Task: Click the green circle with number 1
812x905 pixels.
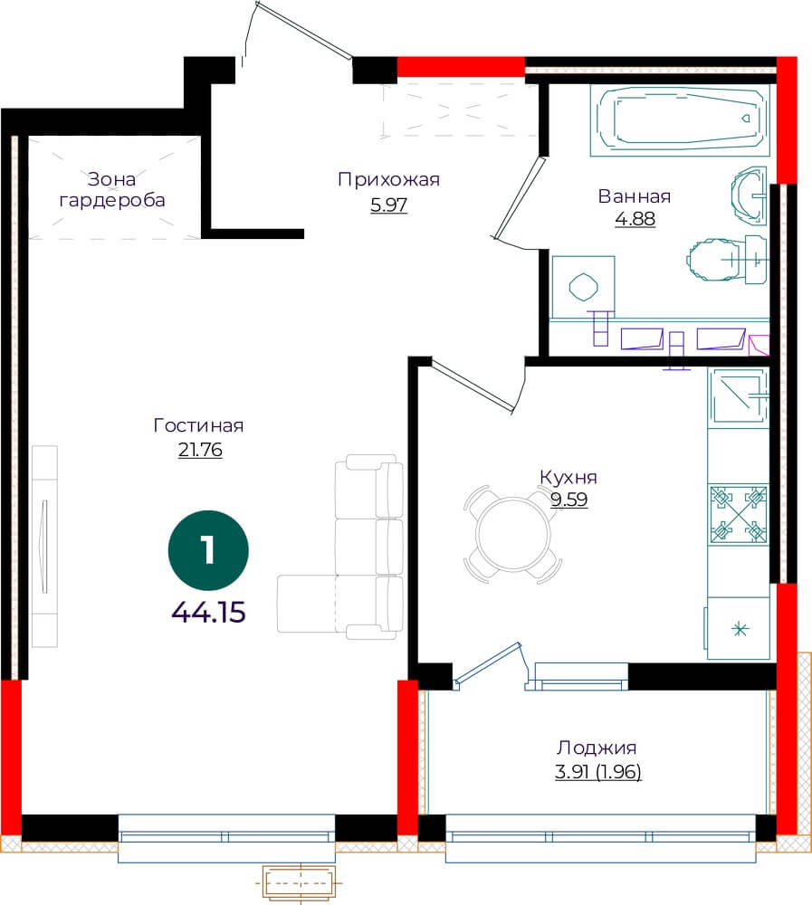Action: (x=208, y=550)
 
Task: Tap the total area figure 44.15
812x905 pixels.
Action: (x=209, y=612)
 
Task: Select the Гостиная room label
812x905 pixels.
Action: (x=198, y=425)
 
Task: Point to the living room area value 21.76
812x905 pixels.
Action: (x=200, y=450)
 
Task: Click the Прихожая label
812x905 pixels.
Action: (x=388, y=180)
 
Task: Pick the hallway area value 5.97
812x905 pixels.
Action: (x=388, y=205)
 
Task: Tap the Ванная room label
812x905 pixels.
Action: (x=635, y=196)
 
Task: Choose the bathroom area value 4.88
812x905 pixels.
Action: (x=635, y=219)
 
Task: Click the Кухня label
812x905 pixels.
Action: (x=568, y=477)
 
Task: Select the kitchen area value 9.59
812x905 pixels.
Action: (x=568, y=500)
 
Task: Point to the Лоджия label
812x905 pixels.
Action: (x=597, y=748)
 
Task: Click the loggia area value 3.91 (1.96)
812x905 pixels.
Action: (x=597, y=772)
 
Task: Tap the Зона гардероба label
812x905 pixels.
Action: (x=112, y=190)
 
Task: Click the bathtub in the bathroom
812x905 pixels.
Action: (x=681, y=121)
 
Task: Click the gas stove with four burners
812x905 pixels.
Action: (x=738, y=514)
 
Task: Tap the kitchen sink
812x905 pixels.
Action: (x=740, y=397)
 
